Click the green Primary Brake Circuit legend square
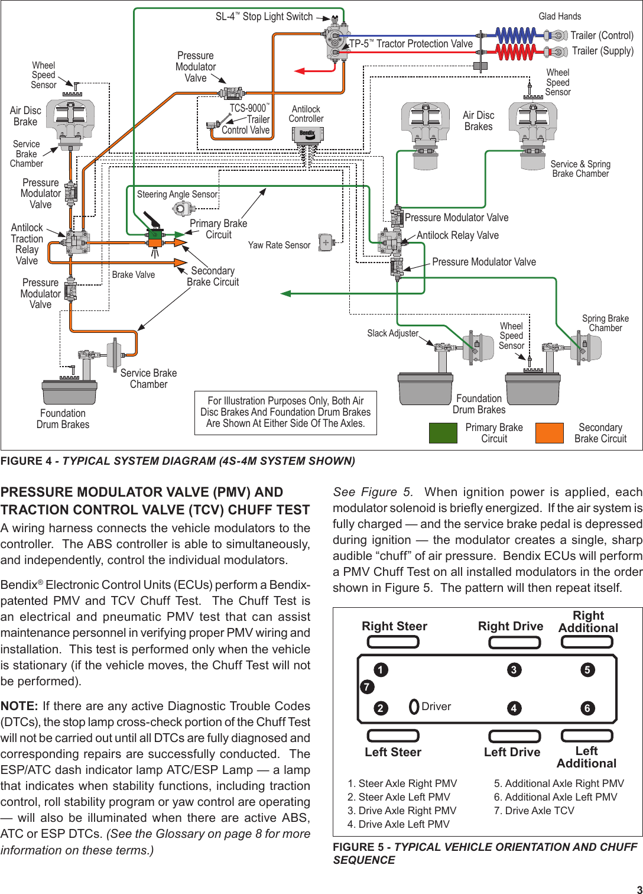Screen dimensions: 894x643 coord(443,433)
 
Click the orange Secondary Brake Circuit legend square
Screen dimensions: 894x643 coord(549,433)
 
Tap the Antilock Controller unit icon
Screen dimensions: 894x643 coord(307,135)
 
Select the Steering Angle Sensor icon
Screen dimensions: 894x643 coord(182,208)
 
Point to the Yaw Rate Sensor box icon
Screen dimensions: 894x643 coord(326,242)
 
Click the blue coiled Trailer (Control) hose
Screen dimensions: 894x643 coord(515,35)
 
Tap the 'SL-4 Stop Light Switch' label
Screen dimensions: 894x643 coord(264,17)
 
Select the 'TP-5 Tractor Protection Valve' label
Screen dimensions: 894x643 coord(411,44)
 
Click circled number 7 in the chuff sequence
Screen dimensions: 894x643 coord(367,686)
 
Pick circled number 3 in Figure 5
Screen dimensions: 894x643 coord(514,669)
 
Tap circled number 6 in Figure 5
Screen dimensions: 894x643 coord(587,708)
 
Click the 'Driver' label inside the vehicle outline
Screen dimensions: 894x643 coord(436,707)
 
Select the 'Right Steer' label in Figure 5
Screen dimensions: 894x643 coord(394,626)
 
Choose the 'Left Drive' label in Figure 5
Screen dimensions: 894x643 coord(512,752)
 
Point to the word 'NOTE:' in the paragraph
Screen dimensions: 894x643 coord(20,706)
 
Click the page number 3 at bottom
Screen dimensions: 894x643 coord(639,889)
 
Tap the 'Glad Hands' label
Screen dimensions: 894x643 coord(560,17)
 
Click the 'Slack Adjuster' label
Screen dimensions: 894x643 coord(392,333)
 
